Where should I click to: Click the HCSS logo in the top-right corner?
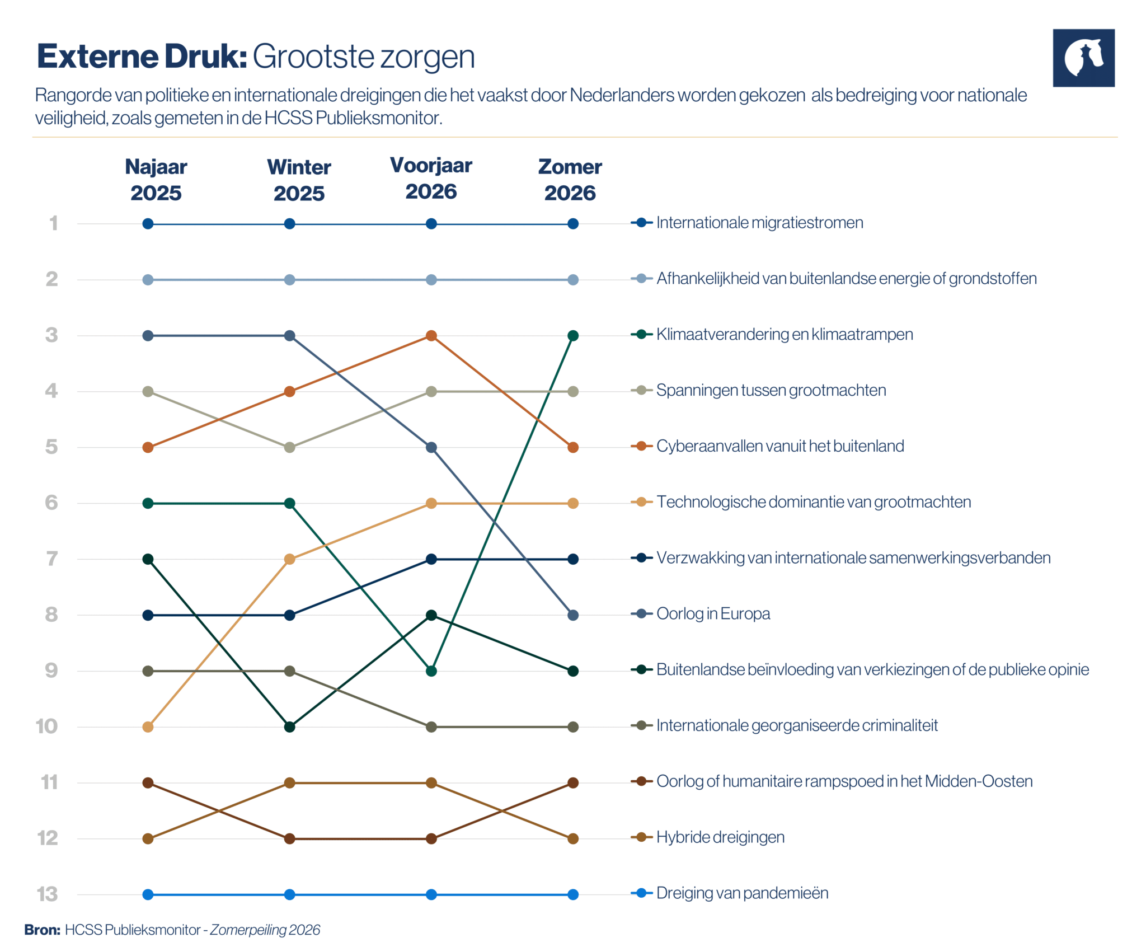point(1083,58)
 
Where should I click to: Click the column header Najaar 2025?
point(156,180)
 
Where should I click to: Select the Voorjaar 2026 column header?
point(431,178)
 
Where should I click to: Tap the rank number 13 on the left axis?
point(48,894)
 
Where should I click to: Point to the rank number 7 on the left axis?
point(52,559)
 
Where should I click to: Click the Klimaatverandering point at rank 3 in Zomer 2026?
point(572,335)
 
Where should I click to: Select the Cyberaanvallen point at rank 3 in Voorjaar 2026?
point(431,335)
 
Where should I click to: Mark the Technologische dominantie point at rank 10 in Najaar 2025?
point(148,726)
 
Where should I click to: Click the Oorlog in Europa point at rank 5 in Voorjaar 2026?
point(431,447)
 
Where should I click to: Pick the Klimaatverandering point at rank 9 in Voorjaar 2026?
point(431,671)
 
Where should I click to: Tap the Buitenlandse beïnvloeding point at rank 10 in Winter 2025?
point(289,726)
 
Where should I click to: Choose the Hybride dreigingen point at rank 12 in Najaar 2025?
point(148,838)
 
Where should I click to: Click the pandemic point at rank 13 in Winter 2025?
point(289,894)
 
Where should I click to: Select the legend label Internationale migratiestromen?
point(759,223)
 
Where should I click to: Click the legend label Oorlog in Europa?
point(713,614)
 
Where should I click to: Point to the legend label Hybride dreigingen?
point(720,837)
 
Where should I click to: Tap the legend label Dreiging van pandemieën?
point(742,893)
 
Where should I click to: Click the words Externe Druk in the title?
point(142,57)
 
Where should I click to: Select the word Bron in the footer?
point(42,930)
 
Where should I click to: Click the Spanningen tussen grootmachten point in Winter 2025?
point(289,447)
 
